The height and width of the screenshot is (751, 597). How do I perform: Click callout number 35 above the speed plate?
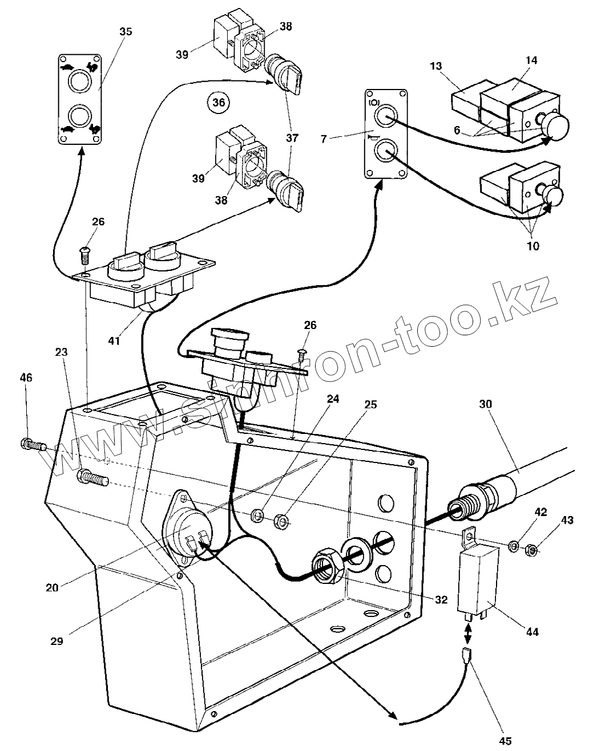(125, 31)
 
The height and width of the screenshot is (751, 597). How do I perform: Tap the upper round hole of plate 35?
(79, 82)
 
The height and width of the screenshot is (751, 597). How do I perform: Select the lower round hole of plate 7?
(386, 151)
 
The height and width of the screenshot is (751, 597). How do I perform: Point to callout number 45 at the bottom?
(505, 741)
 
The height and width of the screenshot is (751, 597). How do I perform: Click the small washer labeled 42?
(513, 547)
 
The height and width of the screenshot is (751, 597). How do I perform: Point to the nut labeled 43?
(529, 550)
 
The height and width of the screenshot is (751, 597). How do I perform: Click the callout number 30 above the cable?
(486, 404)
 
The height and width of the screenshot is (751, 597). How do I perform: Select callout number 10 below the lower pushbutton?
(533, 246)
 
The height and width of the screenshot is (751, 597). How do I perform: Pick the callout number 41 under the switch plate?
(115, 340)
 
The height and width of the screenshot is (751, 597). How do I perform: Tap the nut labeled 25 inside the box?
(281, 520)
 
